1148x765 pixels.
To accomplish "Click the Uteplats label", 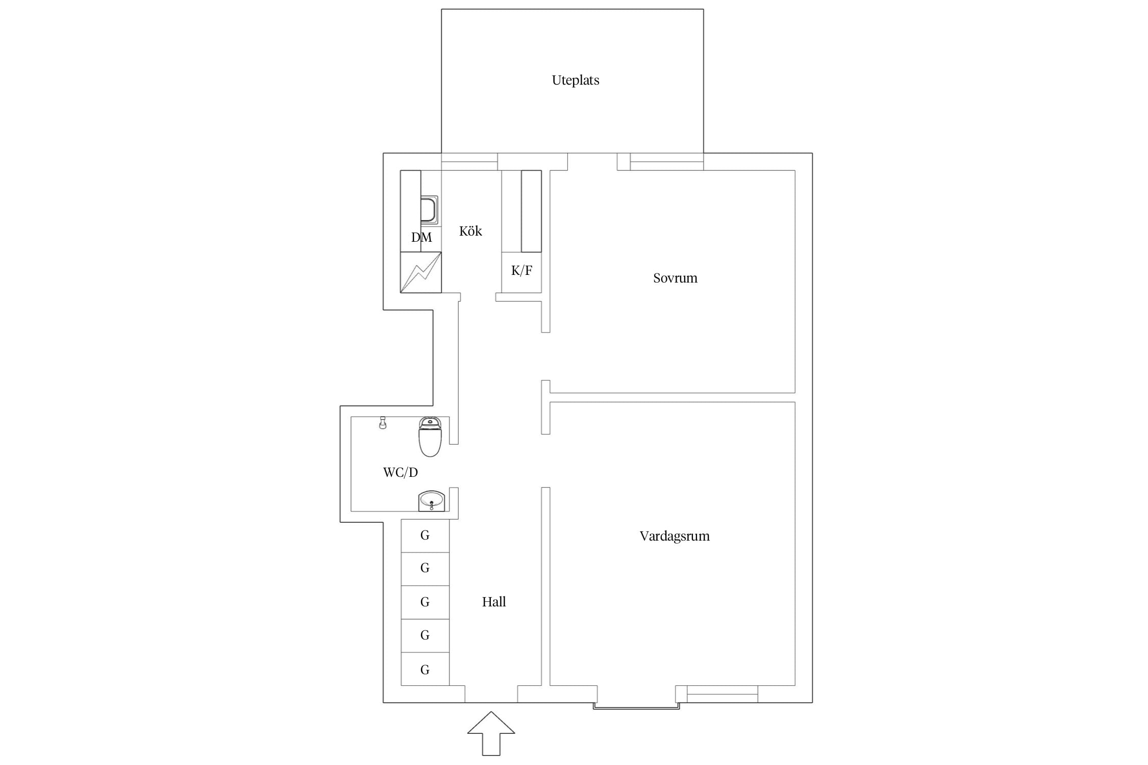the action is coord(575,81).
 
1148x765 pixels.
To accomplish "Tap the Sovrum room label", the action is coord(675,278).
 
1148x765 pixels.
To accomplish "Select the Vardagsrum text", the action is coord(675,536).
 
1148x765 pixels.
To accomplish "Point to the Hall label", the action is coord(494,602).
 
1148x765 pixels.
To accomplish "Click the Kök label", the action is coord(470,231).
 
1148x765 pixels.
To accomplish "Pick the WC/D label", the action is coord(401,472).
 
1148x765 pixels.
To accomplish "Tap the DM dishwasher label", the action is coord(421,237).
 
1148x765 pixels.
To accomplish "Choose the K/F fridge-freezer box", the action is coord(521,272).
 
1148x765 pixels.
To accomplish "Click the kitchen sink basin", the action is coord(429,210).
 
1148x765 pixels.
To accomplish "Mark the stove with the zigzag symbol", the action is coord(421,272).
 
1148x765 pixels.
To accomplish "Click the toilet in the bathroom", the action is coord(430,437).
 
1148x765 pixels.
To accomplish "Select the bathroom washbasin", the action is coord(432,501).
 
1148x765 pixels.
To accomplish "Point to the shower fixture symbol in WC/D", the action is coord(383,423).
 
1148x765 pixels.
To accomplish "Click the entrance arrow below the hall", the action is coord(491,733).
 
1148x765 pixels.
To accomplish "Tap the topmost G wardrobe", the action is coord(425,535).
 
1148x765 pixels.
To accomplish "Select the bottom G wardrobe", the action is coord(425,669).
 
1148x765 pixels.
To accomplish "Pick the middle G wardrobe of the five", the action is coord(425,602).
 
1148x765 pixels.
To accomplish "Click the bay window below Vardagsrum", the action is coord(636,706).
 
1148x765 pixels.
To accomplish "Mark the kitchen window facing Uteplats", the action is coord(469,162).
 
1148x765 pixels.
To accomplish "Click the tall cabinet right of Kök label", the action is coord(531,211).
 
